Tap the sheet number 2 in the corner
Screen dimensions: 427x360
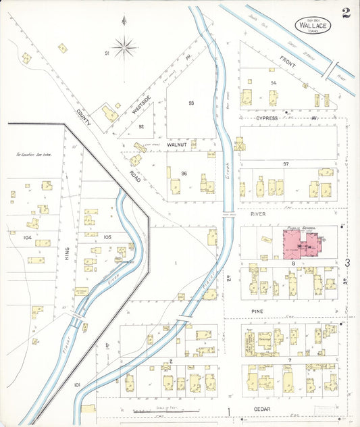pyautogui.click(x=345, y=11)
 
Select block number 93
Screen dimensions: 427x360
pyautogui.click(x=191, y=103)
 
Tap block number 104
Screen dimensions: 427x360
pyautogui.click(x=27, y=238)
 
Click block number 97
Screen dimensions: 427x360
pyautogui.click(x=286, y=164)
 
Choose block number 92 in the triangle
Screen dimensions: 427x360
pyautogui.click(x=141, y=126)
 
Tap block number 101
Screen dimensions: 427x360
pyautogui.click(x=77, y=385)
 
